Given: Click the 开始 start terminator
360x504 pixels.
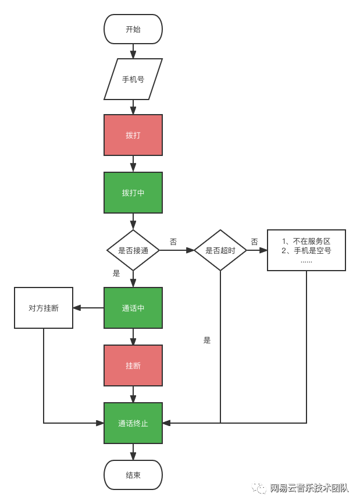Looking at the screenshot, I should (133, 29).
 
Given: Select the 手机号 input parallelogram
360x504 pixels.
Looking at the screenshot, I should (133, 79).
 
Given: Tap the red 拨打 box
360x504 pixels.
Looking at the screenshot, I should (133, 135).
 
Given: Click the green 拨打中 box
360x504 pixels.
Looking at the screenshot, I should (133, 193).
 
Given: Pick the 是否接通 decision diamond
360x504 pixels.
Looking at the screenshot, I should (133, 250).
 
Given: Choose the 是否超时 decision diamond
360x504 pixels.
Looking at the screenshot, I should (220, 250).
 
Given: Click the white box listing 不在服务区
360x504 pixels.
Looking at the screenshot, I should (306, 250).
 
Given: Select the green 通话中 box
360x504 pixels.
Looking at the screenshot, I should (133, 308).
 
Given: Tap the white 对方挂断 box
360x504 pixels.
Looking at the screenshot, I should (44, 308).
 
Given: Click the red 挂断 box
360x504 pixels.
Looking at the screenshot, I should (133, 365).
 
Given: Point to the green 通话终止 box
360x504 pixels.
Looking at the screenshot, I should (133, 423).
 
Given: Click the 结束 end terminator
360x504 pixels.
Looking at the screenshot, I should (133, 475).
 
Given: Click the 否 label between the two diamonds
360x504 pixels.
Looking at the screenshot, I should (173, 242).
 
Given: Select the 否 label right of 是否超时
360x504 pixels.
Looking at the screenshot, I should (254, 242).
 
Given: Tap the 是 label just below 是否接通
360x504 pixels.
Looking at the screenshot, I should (116, 273).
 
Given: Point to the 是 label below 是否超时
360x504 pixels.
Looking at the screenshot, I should (207, 340).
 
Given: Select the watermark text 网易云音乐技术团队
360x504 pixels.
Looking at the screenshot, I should (309, 488).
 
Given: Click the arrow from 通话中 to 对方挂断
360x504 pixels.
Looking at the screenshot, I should (88, 308).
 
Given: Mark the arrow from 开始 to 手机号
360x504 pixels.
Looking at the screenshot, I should (133, 51).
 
